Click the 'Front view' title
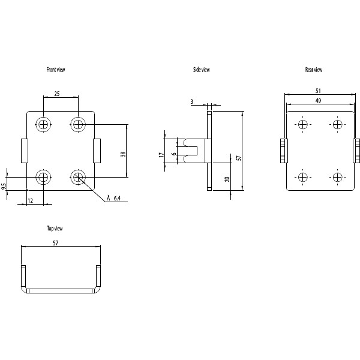pos(56,70)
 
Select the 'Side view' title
pos(201,70)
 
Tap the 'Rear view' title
pos(314,70)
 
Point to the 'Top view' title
pos(55,229)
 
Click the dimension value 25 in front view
pos(56,94)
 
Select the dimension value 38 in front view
pos(123,154)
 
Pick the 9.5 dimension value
pos(4,187)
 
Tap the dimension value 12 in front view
pos(30,200)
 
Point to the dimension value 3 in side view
pos(191,103)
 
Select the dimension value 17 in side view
pos(161,154)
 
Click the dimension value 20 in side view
pos(227,179)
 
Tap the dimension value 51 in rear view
pos(317,91)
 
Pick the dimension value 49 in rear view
pos(317,101)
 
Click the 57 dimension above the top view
pos(56,244)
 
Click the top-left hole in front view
pos(44,124)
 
